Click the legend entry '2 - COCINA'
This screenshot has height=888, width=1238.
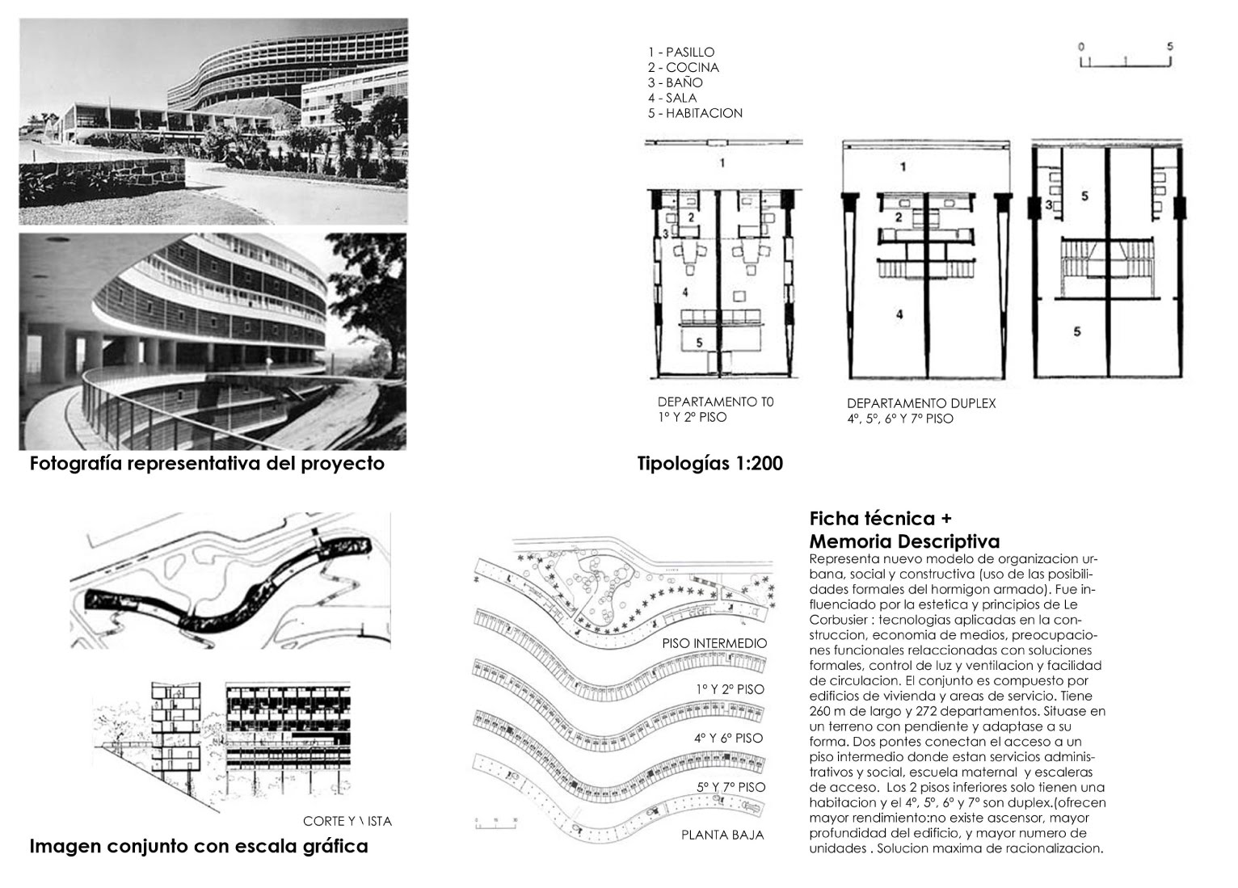(x=683, y=68)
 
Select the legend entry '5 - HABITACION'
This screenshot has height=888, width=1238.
(x=694, y=114)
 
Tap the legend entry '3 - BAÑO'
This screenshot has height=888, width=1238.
(x=675, y=83)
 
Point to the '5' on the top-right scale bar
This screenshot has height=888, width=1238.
(x=1169, y=47)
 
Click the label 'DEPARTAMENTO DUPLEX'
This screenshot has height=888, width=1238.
(x=921, y=403)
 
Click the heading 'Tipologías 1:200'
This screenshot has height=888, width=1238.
(x=710, y=465)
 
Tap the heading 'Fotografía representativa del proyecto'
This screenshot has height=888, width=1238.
(x=207, y=465)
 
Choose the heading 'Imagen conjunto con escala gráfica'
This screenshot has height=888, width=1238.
(x=199, y=847)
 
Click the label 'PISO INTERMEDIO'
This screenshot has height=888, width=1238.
(x=714, y=644)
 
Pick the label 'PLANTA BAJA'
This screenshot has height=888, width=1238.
(x=722, y=835)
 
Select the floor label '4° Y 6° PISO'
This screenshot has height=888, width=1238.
(x=728, y=739)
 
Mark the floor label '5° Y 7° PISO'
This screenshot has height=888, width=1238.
(x=730, y=787)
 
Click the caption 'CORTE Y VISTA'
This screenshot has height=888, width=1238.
(x=347, y=822)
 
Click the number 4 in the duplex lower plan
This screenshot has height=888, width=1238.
(x=899, y=314)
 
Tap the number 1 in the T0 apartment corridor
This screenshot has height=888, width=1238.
(x=722, y=163)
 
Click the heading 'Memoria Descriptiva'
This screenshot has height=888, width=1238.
(x=904, y=541)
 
